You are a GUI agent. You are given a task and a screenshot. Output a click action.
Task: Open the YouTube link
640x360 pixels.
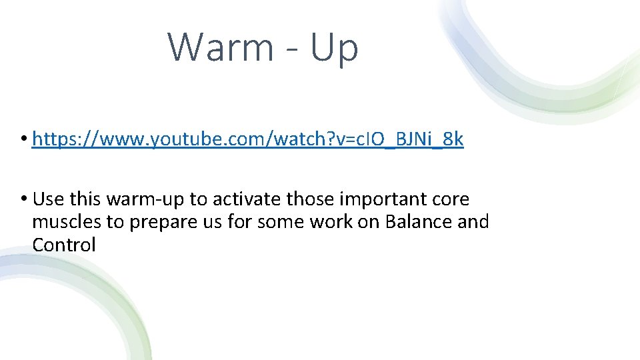(247, 139)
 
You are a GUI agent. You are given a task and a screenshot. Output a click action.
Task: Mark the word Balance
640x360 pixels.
(419, 222)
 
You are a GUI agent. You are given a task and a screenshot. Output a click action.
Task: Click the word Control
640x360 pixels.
(64, 245)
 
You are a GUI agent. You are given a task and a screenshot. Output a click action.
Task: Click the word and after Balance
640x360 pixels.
(473, 222)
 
